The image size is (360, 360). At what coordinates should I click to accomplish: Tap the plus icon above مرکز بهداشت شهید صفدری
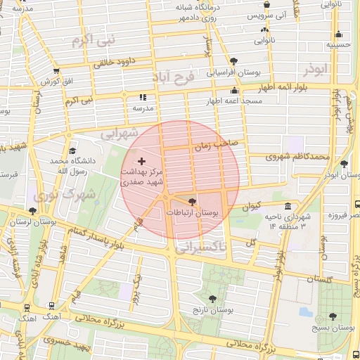[141, 161]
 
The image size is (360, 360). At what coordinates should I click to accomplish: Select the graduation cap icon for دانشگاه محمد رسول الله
[72, 151]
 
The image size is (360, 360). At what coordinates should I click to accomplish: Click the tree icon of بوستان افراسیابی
[233, 61]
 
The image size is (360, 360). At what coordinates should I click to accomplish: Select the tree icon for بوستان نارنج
[212, 298]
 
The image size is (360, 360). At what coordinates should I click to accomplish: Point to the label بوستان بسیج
[333, 328]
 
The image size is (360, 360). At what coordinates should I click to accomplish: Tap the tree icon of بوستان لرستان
[32, 210]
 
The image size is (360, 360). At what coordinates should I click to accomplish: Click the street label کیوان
[251, 207]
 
